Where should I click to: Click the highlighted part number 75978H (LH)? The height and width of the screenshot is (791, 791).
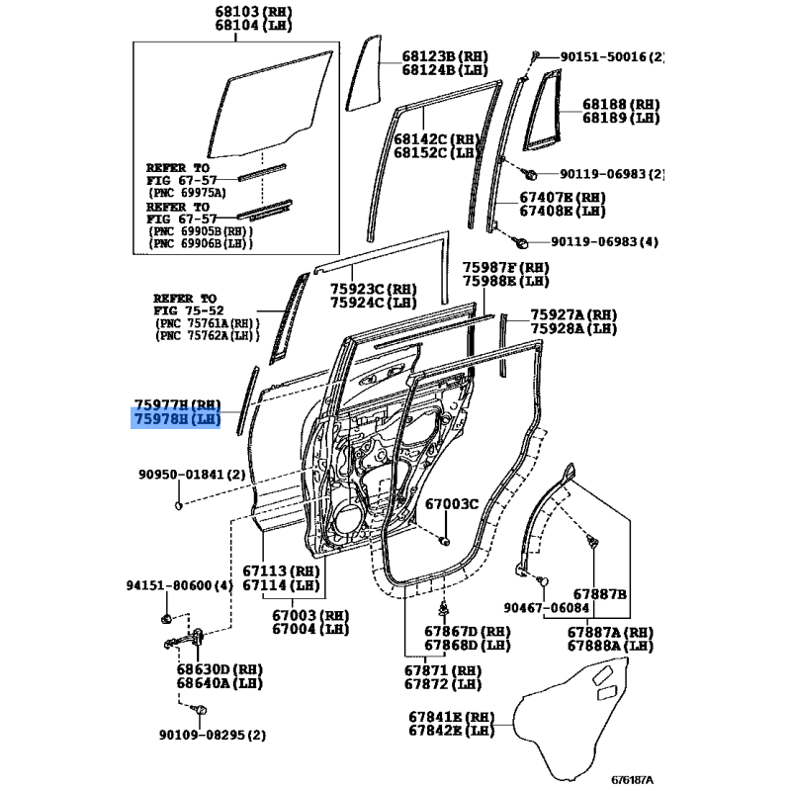[x=177, y=418]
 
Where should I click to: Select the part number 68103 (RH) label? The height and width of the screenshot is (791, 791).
[x=253, y=11]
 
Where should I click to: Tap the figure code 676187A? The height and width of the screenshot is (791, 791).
[x=632, y=780]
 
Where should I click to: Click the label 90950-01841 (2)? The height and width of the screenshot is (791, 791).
[x=192, y=475]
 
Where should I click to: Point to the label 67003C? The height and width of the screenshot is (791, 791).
[x=452, y=503]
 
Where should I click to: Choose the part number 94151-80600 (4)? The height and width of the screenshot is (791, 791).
[x=180, y=585]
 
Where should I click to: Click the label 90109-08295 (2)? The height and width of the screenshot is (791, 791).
[x=213, y=735]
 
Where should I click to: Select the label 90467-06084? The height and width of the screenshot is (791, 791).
[x=547, y=607]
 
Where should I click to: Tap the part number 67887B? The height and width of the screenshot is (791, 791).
[x=600, y=594]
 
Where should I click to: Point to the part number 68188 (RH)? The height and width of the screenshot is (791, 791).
[x=621, y=104]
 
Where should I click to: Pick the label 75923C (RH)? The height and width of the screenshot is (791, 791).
[x=374, y=289]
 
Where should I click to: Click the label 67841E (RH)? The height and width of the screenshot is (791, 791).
[x=451, y=716]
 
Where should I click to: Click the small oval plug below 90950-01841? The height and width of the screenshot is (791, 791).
[x=178, y=505]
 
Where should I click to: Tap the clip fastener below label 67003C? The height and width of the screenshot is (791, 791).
[x=444, y=541]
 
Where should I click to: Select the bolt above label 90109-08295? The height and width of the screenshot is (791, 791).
[x=201, y=710]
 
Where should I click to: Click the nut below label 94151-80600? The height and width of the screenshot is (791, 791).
[x=166, y=619]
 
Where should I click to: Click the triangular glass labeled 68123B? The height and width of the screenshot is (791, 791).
[x=364, y=72]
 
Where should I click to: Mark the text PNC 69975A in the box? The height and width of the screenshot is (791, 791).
[x=187, y=193]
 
